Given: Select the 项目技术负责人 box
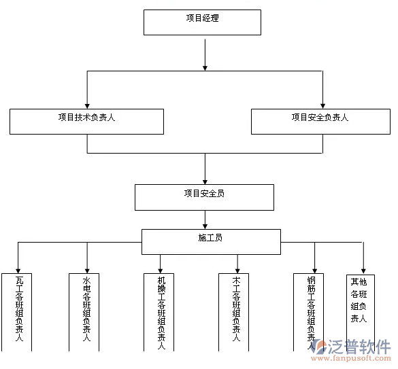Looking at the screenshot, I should pos(86,121).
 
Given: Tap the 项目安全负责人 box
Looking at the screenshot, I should pos(320,121).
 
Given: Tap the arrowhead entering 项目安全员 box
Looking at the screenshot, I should pos(205,180).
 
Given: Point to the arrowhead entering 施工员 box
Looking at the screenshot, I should pos(205,225).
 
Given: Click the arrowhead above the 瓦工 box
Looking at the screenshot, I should pos(18,268).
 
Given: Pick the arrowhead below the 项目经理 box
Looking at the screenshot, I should pos(204,67).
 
